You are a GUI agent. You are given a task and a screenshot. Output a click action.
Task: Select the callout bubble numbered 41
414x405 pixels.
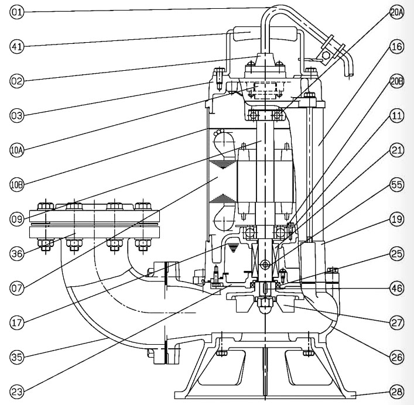point(16,46)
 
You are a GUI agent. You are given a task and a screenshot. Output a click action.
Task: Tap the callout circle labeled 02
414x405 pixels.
point(16,81)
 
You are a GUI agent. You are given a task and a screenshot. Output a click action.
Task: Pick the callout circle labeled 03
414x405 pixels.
point(16,116)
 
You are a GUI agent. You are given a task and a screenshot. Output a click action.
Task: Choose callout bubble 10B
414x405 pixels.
point(16,185)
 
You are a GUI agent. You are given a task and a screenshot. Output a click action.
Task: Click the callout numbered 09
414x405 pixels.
point(16,219)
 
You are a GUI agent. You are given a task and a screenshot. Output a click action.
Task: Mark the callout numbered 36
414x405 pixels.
point(16,254)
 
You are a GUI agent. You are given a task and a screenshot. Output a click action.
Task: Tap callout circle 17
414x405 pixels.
point(16,322)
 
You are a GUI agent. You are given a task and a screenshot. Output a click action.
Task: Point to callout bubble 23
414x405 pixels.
point(16,391)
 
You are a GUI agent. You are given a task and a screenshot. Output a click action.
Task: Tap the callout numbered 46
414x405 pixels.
point(396,288)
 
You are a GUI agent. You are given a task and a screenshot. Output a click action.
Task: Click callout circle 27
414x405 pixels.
point(396,322)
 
